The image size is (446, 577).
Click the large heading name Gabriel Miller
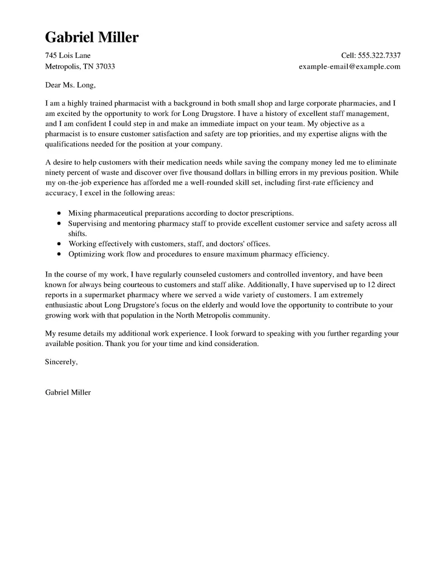tap(91, 37)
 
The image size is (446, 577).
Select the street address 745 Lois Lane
tap(67, 56)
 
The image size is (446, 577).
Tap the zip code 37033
tap(105, 66)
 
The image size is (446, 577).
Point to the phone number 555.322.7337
tap(379, 56)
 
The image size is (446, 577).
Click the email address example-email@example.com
tap(350, 66)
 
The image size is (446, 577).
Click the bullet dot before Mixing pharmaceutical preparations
tap(60, 214)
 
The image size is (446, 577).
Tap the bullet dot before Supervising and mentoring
tap(60, 224)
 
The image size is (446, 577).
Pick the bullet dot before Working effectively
tap(60, 244)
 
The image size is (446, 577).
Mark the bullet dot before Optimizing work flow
tap(60, 254)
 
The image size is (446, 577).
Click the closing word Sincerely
tap(61, 362)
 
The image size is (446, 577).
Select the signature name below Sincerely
tap(67, 392)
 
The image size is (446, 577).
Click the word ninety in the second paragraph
tap(56, 172)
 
